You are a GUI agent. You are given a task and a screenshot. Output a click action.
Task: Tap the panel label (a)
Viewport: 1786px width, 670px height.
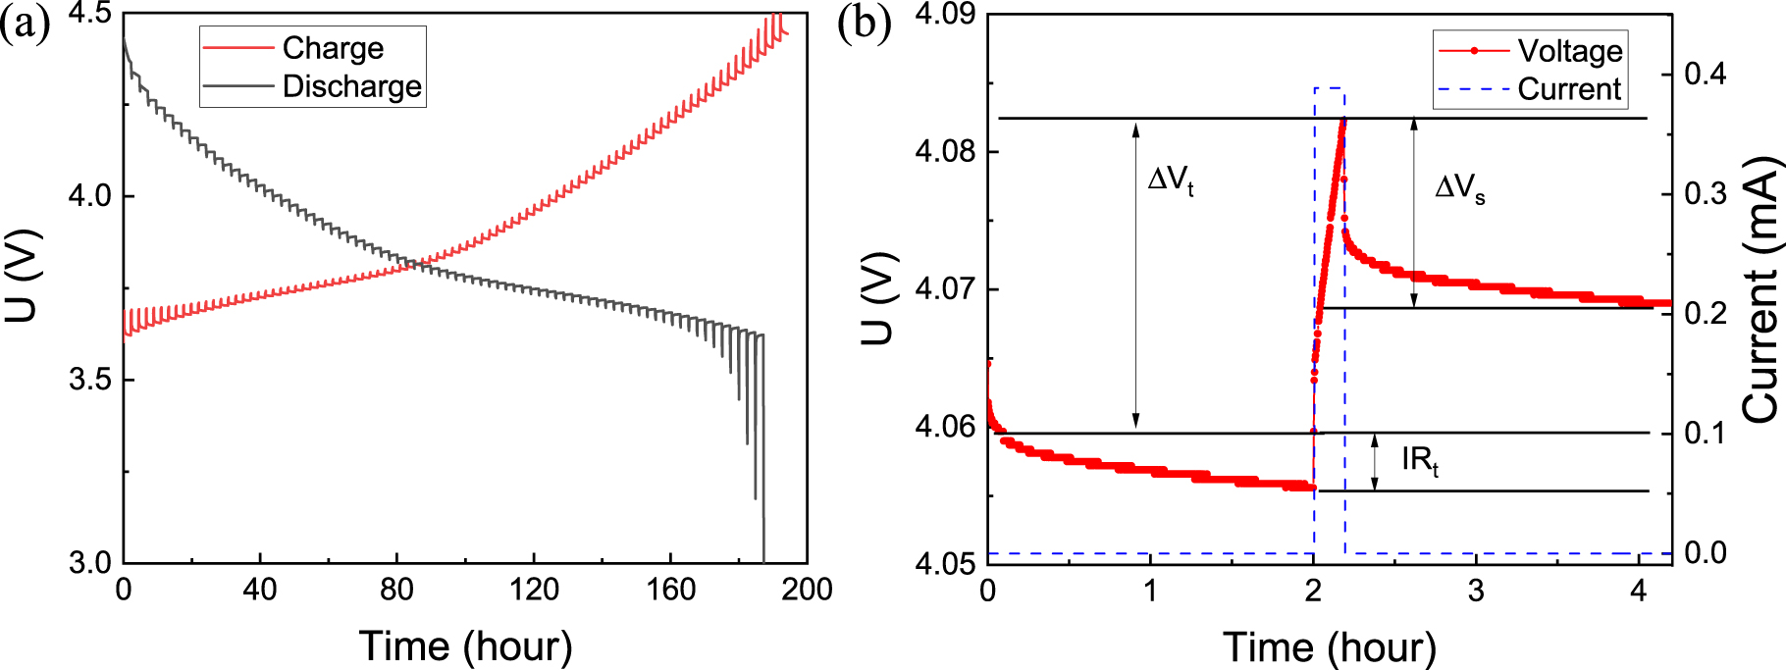coord(25,24)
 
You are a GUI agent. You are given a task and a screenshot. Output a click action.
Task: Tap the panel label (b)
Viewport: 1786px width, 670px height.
coord(864,24)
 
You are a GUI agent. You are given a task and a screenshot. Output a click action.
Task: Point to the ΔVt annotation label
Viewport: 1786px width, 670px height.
coord(1171,180)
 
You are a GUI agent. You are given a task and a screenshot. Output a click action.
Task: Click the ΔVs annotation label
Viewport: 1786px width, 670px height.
coord(1459,187)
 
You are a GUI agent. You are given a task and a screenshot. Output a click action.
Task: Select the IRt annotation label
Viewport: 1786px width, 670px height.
coord(1419,459)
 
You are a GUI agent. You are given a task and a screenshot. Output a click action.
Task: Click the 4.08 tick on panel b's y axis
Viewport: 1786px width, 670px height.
coord(944,152)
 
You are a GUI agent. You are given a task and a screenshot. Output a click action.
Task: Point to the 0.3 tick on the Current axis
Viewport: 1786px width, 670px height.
coord(1707,193)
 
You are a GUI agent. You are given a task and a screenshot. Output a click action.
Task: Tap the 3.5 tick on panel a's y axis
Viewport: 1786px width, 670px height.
coord(89,380)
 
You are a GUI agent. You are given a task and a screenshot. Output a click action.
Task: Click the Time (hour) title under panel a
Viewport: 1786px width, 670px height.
coord(465,646)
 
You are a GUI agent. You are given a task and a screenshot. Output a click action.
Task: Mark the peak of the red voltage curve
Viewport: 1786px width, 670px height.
coord(1342,120)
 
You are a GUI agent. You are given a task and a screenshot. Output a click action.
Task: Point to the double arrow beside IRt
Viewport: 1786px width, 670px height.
coord(1375,462)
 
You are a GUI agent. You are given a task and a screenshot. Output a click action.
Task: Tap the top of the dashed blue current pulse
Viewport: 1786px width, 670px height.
coord(1330,87)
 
